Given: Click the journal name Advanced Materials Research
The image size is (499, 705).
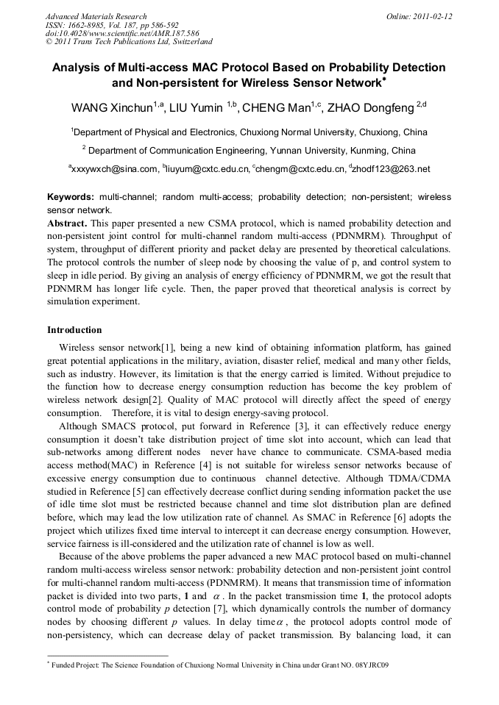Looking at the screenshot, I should pyautogui.click(x=96, y=16).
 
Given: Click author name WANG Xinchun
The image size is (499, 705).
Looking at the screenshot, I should pyautogui.click(x=111, y=109).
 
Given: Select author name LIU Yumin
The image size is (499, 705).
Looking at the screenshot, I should pyautogui.click(x=197, y=109).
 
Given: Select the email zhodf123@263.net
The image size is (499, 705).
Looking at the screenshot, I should pyautogui.click(x=392, y=169).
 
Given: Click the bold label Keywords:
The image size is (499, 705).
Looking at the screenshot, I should pyautogui.click(x=71, y=198).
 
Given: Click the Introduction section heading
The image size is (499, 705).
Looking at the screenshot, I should pyautogui.click(x=74, y=330).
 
